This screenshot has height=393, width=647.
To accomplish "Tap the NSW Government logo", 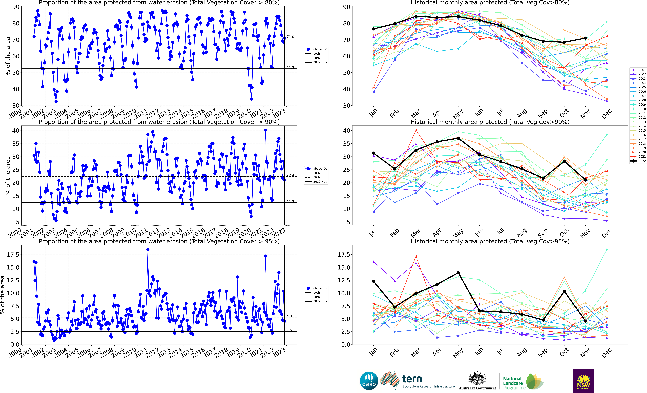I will click(x=583, y=381).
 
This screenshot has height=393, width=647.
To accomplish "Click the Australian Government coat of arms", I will click(x=477, y=379).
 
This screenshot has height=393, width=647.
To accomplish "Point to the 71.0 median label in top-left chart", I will click(x=290, y=37).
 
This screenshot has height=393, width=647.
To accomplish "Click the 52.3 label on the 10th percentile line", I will click(x=290, y=68).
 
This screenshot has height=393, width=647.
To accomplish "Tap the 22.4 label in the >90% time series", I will click(x=290, y=175).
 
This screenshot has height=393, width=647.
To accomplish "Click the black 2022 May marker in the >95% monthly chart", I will click(x=458, y=273).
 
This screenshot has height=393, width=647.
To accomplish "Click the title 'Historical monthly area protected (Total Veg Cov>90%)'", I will click(x=490, y=122).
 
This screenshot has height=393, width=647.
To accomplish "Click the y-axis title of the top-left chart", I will click(x=8, y=56).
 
